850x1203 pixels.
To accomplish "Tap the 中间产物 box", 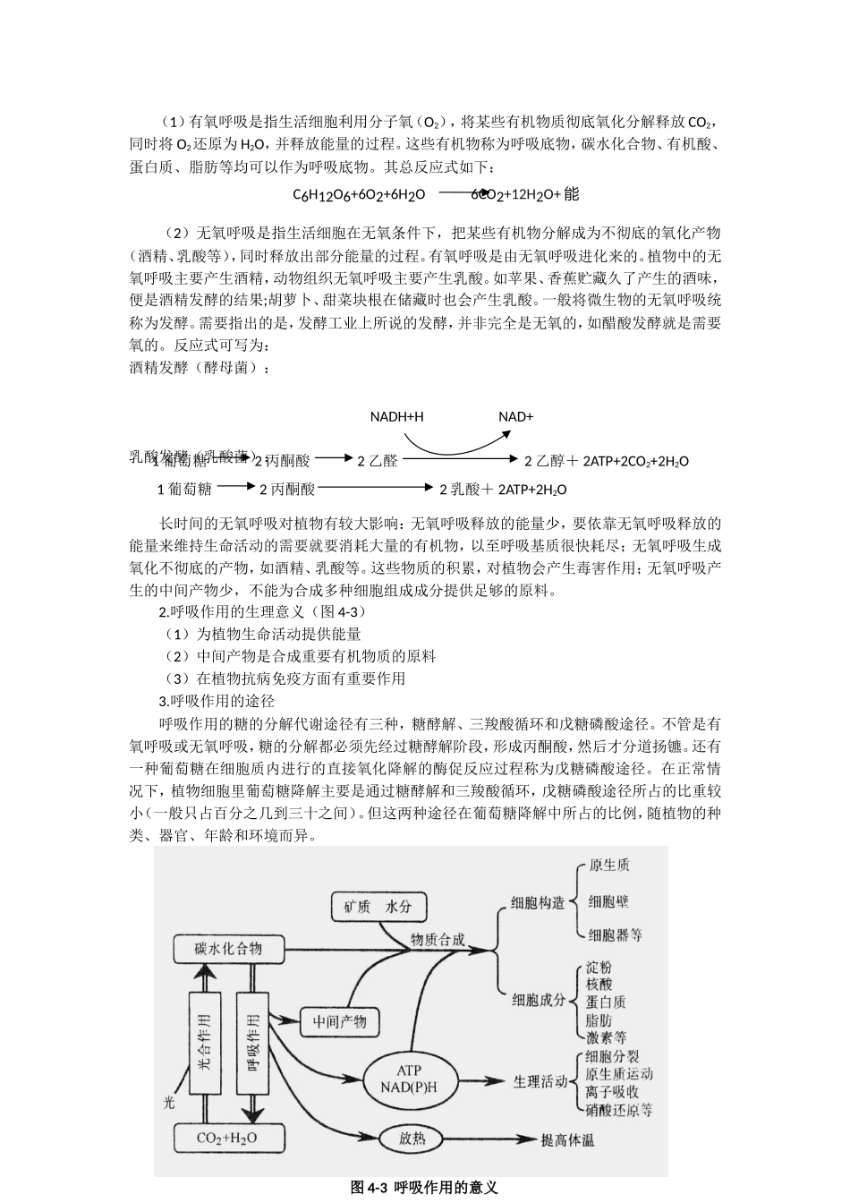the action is pyautogui.click(x=333, y=1021).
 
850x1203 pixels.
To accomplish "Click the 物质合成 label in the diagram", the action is pyautogui.click(x=438, y=939).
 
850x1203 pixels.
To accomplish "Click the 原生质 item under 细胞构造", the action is pyautogui.click(x=608, y=866).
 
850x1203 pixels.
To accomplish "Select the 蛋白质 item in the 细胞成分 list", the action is pyautogui.click(x=606, y=1002).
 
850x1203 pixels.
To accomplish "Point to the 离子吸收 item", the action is pyautogui.click(x=611, y=1092).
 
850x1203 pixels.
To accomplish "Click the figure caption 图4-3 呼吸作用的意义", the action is pyautogui.click(x=424, y=1188).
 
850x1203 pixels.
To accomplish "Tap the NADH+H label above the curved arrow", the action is pyautogui.click(x=396, y=417).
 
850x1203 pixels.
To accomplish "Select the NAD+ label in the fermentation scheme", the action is pyautogui.click(x=515, y=417).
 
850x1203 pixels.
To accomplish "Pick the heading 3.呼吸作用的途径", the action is pyautogui.click(x=217, y=701).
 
